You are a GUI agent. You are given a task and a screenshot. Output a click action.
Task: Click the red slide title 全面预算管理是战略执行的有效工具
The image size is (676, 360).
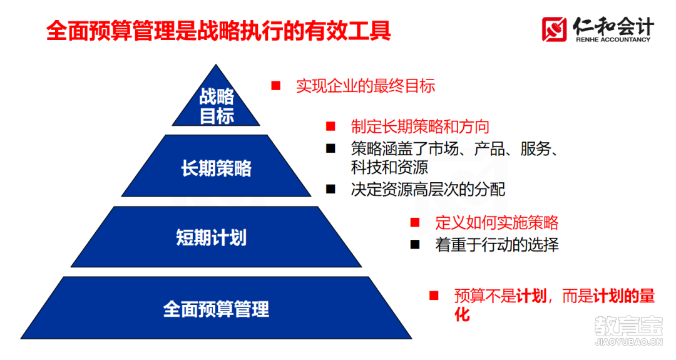click(218, 31)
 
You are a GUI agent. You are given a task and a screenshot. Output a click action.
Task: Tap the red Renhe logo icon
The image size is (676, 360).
click(555, 29)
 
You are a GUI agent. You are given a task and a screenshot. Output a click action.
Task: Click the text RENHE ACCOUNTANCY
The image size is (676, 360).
click(613, 39)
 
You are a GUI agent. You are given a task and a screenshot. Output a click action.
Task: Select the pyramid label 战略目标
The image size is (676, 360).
click(217, 106)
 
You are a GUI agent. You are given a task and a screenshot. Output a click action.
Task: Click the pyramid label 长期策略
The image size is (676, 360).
click(216, 168)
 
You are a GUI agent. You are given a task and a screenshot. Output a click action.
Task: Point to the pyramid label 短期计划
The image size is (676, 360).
click(212, 237)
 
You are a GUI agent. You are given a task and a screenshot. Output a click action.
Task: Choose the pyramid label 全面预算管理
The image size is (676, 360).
click(216, 309)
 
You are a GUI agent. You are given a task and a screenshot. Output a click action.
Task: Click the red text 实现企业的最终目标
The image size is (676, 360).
click(366, 86)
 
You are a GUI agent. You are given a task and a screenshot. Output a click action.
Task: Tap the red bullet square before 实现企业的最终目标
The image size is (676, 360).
click(276, 86)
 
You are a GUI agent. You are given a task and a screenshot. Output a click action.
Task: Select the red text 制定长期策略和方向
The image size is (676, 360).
click(421, 126)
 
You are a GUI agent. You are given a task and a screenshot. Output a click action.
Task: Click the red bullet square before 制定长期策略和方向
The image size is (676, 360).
click(330, 126)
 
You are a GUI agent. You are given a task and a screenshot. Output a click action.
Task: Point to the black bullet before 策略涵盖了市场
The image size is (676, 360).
click(330, 149)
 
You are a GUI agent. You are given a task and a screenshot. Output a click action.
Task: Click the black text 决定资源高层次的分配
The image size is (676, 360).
click(428, 189)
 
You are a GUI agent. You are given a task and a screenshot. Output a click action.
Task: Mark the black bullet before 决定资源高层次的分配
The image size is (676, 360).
click(330, 189)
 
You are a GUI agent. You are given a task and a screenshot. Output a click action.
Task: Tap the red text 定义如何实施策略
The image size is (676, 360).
click(497, 222)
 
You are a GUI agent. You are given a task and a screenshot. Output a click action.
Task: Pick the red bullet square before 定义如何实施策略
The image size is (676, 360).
click(415, 222)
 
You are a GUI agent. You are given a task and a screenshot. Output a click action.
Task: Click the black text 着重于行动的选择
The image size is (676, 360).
click(497, 245)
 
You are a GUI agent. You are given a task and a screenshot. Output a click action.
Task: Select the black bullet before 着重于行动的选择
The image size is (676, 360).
click(415, 245)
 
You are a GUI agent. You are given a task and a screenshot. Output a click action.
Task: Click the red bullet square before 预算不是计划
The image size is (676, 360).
click(434, 296)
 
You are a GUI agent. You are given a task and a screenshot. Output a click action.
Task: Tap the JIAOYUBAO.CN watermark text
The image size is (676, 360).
click(629, 342)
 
